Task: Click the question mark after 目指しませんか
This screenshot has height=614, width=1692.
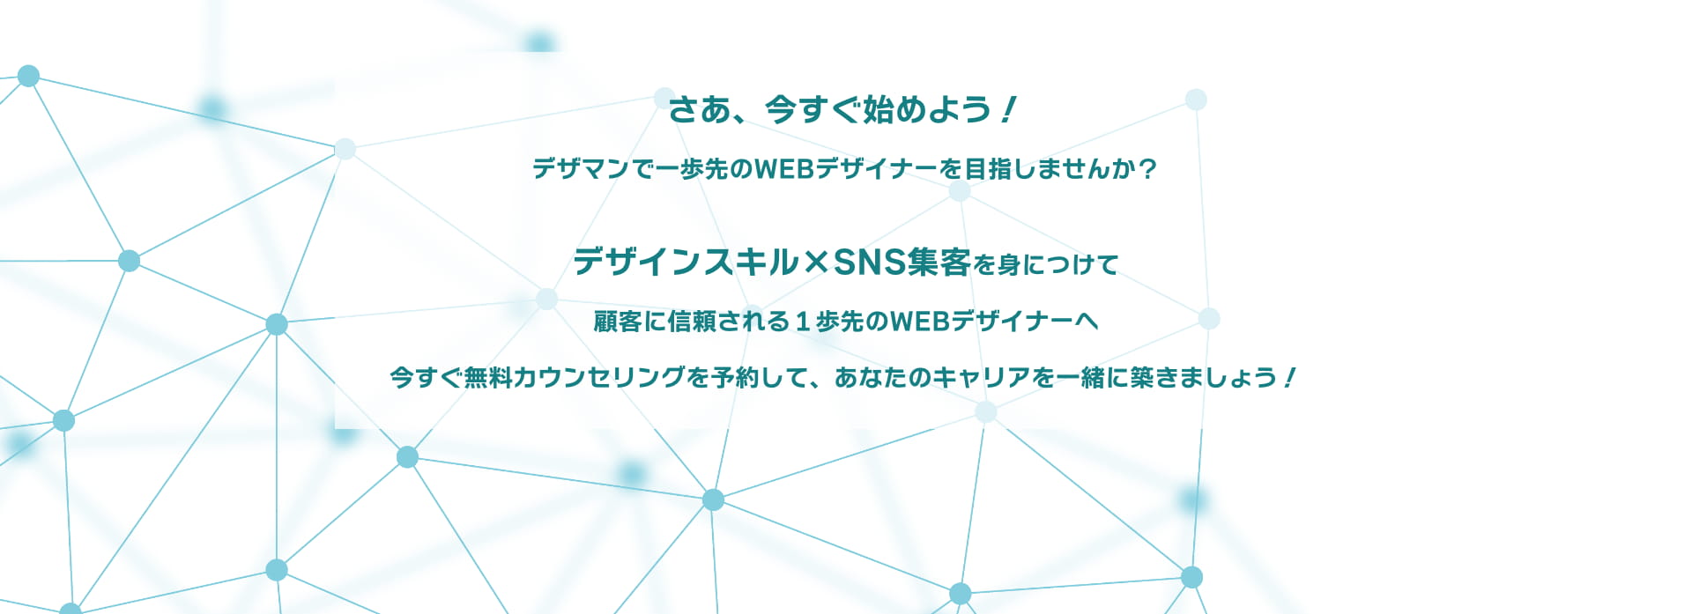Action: pos(1147,168)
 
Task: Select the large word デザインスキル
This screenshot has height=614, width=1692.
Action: pos(686,262)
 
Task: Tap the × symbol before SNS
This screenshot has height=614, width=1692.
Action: pos(816,263)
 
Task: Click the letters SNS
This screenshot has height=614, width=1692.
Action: pos(870,262)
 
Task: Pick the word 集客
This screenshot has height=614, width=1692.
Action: pos(939,262)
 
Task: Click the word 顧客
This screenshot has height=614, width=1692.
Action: pos(618,322)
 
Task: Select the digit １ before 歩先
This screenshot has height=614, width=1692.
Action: pos(802,322)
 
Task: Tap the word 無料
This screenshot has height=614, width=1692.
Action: pos(487,377)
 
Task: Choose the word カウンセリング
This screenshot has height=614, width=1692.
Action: pos(598,377)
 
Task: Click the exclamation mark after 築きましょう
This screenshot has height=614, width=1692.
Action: pos(1289,377)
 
